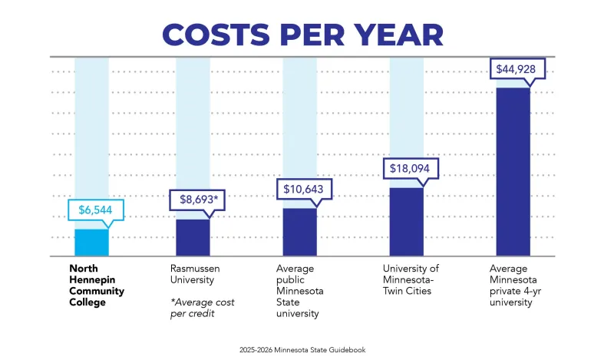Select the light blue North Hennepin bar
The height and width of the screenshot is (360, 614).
91,242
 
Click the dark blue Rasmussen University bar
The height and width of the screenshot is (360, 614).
193,237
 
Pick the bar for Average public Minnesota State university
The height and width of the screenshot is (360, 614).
299,232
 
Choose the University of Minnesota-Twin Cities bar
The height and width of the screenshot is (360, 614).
406,222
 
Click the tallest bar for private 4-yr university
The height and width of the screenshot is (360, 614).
513,172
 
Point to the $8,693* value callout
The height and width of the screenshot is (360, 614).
197,200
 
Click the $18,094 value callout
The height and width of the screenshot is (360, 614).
411,169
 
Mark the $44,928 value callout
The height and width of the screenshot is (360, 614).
517,69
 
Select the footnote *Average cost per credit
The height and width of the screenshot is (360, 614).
202,308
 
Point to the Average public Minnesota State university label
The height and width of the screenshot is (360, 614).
301,291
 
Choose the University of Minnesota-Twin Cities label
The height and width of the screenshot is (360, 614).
411,279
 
